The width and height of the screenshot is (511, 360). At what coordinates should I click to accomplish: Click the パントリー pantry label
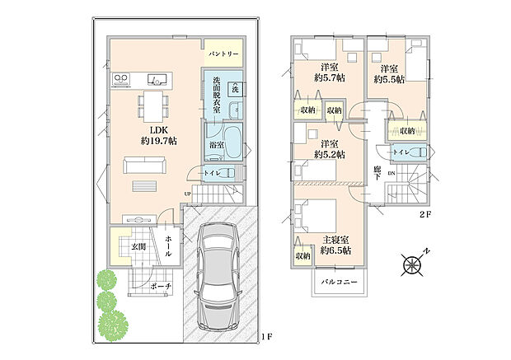pos(223,54)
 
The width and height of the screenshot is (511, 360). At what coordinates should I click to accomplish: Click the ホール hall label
pos(168,245)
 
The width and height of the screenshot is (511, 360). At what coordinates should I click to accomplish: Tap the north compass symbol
pos(412,264)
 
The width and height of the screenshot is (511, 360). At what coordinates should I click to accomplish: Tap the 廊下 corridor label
pos(377,175)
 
